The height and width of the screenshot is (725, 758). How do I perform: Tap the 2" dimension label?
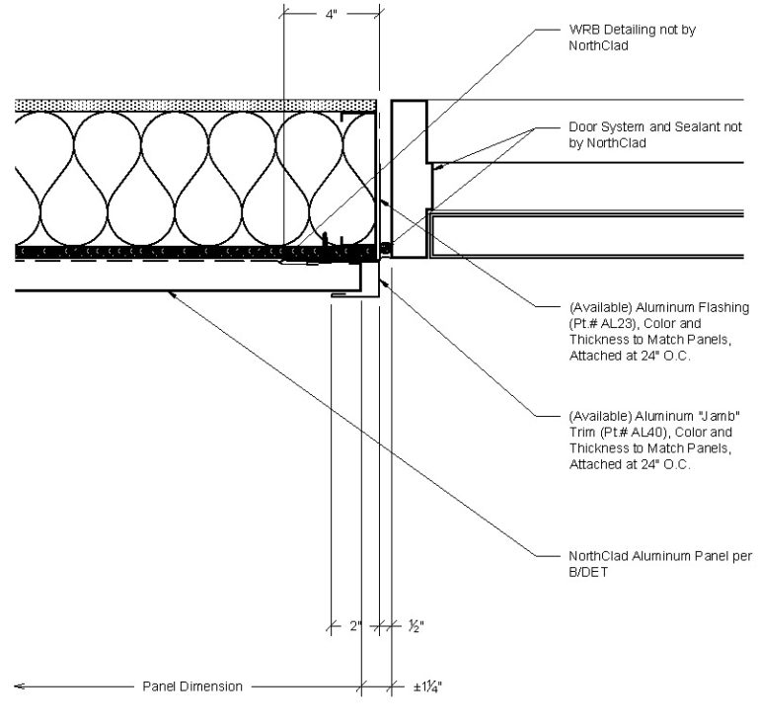click(356, 626)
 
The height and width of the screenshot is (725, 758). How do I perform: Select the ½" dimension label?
click(417, 626)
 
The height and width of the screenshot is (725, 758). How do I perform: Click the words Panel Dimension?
click(192, 686)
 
